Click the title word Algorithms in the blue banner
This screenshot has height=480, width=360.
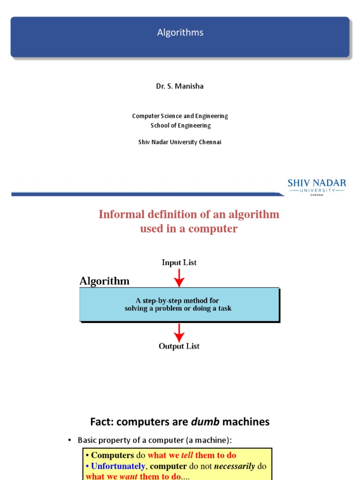coord(180,32)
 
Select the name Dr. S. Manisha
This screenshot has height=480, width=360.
coord(180,86)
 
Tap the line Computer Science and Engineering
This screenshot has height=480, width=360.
coord(180,116)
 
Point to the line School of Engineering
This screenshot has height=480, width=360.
coord(180,125)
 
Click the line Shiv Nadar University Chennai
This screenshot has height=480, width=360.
coord(180,142)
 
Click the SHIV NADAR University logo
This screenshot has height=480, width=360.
coord(316,187)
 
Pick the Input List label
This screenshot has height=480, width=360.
coord(179,262)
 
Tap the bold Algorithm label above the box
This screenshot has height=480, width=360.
coord(105,281)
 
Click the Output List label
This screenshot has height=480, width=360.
coord(179,346)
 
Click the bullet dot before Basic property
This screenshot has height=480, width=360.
coord(69,440)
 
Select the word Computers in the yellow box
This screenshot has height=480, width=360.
coord(112,455)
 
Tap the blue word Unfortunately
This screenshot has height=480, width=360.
coord(118,466)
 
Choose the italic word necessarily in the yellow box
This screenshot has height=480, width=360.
coord(235,466)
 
